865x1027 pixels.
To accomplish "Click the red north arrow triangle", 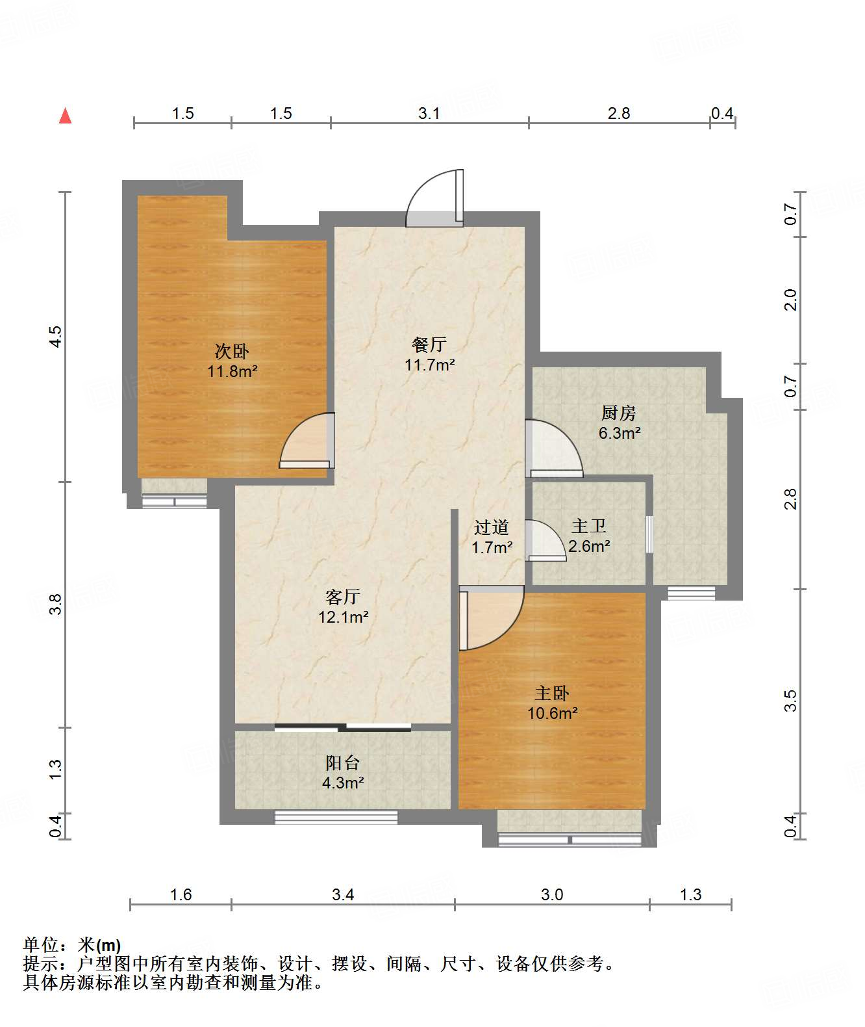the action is click(x=66, y=116).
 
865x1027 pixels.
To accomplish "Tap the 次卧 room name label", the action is click(x=232, y=351).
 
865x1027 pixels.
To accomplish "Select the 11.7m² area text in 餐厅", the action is click(x=429, y=365).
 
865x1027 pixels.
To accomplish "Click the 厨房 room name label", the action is click(x=619, y=413).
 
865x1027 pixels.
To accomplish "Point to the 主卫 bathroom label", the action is click(x=589, y=526).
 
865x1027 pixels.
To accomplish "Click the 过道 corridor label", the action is click(x=492, y=527).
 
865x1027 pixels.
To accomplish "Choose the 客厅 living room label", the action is click(x=343, y=597).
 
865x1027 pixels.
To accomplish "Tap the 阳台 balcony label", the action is click(x=343, y=763).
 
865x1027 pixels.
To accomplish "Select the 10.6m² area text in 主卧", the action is click(x=553, y=713).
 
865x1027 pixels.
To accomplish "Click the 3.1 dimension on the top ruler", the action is click(x=429, y=114).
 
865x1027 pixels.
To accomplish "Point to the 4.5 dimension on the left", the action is click(x=56, y=337).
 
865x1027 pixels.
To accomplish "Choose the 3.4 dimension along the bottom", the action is click(x=343, y=894).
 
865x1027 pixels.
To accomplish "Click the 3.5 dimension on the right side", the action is click(x=790, y=701).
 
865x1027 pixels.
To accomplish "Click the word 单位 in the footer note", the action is click(x=42, y=945).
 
